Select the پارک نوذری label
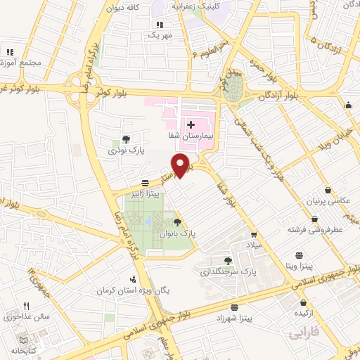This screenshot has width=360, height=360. (124, 150)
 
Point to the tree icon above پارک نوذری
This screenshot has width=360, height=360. (124, 139)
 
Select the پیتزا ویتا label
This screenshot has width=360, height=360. (300, 266)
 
